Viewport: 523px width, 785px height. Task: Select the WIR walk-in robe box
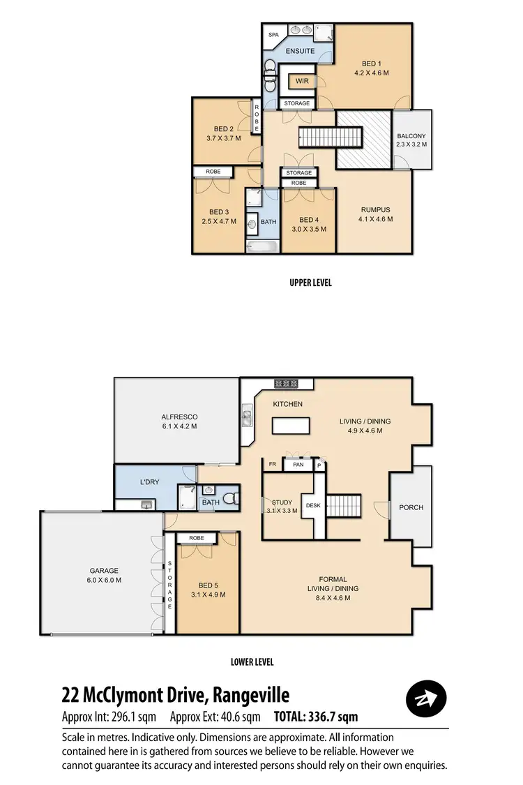(302, 81)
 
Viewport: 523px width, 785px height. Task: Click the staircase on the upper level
(332, 137)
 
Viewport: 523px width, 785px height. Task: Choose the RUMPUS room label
(375, 209)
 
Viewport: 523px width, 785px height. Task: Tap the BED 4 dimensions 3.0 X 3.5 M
(308, 229)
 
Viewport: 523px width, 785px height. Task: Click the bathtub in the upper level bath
(262, 246)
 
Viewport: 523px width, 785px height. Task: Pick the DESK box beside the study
(312, 505)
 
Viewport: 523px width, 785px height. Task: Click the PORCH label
(411, 507)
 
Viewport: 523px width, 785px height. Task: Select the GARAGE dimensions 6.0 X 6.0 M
(103, 580)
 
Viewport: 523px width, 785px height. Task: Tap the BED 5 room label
(207, 585)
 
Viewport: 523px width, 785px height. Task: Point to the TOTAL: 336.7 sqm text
(316, 717)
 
